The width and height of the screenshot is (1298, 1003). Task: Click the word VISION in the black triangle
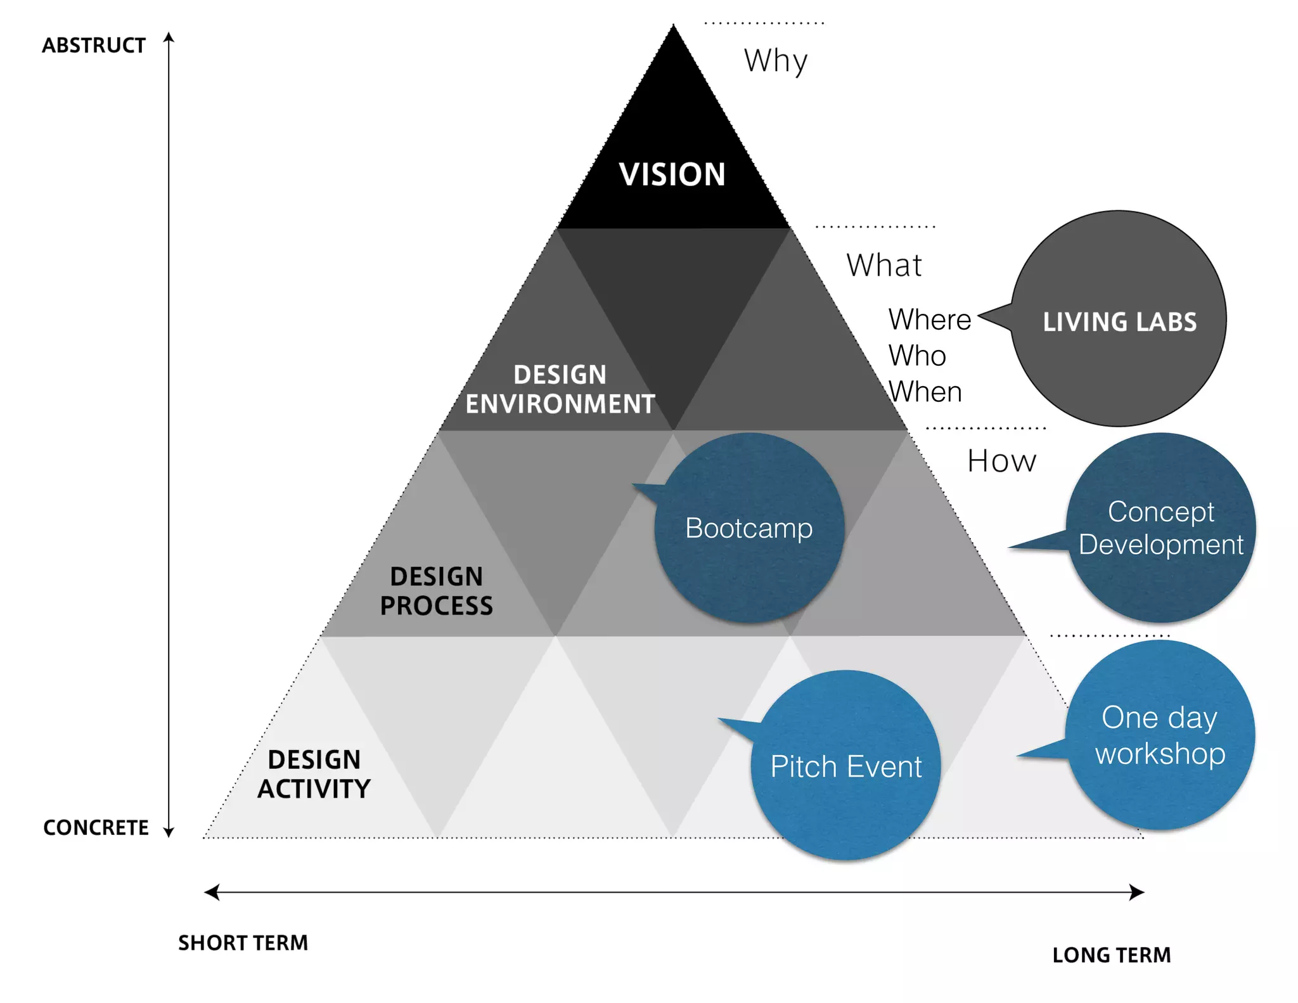point(672,174)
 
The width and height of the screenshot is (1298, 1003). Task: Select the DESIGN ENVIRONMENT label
point(560,389)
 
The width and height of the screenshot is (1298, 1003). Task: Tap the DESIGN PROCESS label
point(436,591)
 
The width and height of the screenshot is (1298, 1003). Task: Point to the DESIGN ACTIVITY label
point(314,774)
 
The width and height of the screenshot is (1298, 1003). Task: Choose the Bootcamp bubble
point(749,528)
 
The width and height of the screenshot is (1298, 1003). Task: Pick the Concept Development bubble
point(1160,527)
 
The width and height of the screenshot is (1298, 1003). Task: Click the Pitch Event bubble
point(845,766)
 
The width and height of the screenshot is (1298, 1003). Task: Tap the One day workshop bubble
point(1160,735)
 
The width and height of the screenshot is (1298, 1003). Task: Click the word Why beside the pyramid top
point(776,61)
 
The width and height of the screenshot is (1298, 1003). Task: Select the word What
point(884,265)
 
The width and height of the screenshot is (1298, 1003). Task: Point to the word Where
point(929,319)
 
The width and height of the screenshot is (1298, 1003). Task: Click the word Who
point(917,356)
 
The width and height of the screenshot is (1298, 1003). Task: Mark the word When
point(925,392)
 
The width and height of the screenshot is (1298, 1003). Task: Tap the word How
point(1001,461)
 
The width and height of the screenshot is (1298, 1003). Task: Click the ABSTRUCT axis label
point(94,46)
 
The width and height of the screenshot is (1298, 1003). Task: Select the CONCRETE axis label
point(96,827)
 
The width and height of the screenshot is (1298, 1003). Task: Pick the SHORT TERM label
point(243,943)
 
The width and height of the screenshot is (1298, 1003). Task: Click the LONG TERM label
point(1111,955)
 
